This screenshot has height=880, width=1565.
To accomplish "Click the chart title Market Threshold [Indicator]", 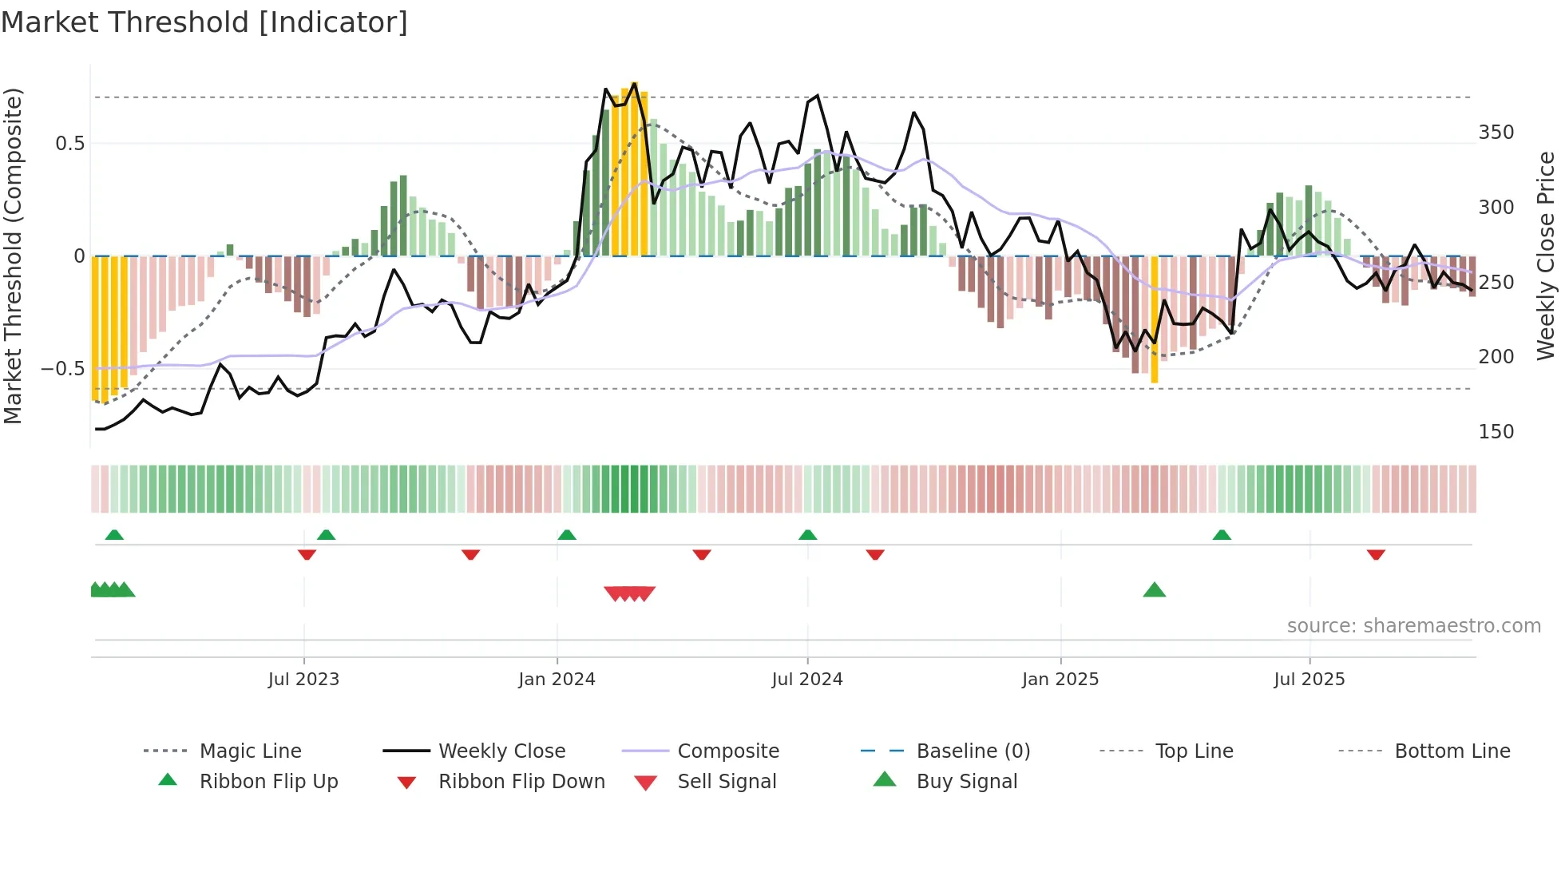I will [x=204, y=22].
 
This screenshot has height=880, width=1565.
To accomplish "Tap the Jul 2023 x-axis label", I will [x=303, y=680].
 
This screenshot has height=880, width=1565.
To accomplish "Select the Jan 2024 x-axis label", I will [x=557, y=680].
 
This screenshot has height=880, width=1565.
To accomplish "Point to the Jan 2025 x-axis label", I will [x=1060, y=680].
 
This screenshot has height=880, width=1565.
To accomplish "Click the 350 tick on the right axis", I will [x=1496, y=133].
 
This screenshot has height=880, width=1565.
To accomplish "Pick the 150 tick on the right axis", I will [x=1496, y=432].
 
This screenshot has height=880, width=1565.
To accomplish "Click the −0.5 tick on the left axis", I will [x=63, y=369].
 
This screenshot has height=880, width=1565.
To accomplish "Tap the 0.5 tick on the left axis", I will [x=69, y=144].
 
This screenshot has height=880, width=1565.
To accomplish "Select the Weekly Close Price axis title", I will [x=1546, y=256].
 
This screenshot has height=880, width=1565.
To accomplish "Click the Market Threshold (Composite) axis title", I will [x=13, y=256].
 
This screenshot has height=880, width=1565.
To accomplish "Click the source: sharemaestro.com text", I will [x=1413, y=626].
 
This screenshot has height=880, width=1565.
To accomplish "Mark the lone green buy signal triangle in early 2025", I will [x=1155, y=590].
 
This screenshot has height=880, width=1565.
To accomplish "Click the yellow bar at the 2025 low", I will [x=1155, y=319].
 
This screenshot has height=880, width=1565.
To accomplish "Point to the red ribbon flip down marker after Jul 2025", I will [x=1376, y=554].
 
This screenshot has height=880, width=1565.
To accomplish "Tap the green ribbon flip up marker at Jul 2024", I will [x=807, y=534].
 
